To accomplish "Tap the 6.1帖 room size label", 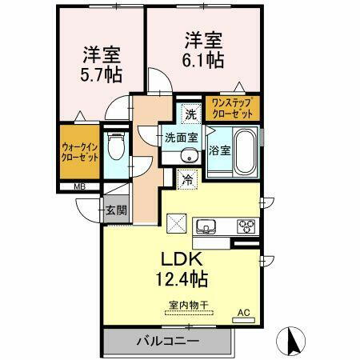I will click(x=205, y=59).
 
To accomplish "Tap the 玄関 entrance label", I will click(x=115, y=210).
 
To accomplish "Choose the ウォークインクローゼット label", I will click(x=80, y=152).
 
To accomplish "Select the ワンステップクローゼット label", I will click(x=232, y=108).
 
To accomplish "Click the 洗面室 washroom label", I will click(x=179, y=138).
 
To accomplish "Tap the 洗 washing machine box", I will click(x=190, y=113).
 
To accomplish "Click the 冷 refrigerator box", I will click(x=188, y=180).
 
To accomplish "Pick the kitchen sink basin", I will click(x=205, y=226).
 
